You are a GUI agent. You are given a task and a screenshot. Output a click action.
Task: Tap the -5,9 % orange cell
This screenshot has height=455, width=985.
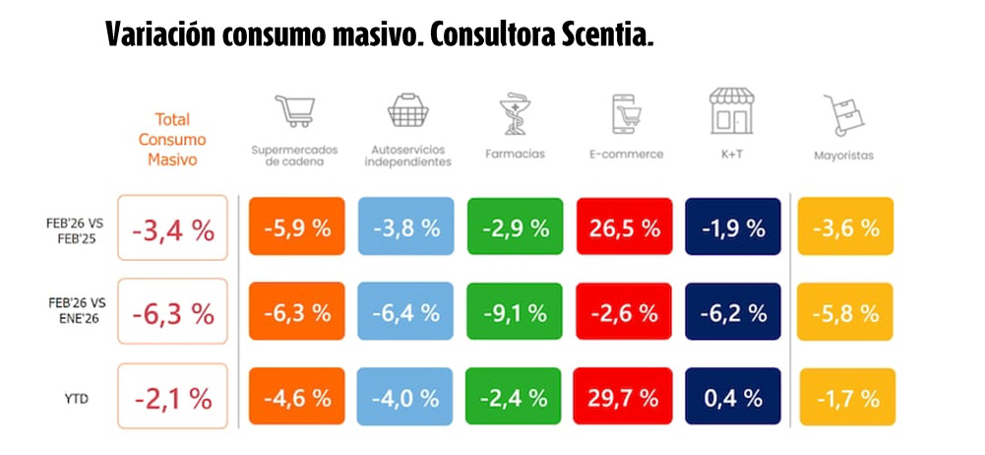pyautogui.click(x=296, y=227)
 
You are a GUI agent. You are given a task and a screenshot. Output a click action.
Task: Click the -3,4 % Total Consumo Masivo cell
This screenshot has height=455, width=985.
pyautogui.click(x=172, y=227)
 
